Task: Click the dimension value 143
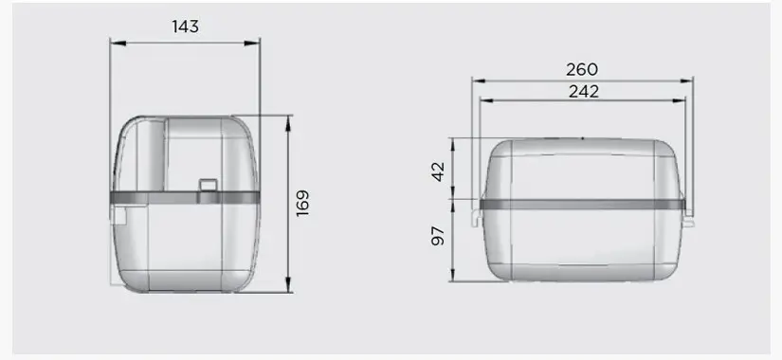(185, 27)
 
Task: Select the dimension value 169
(302, 203)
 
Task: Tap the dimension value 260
(581, 69)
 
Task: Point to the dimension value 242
(584, 91)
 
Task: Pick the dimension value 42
(438, 171)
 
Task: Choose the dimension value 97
(438, 236)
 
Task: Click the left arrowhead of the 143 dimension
(118, 44)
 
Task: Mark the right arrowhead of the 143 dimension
(252, 44)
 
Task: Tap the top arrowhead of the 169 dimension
(288, 124)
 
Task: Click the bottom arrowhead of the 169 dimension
(288, 285)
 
